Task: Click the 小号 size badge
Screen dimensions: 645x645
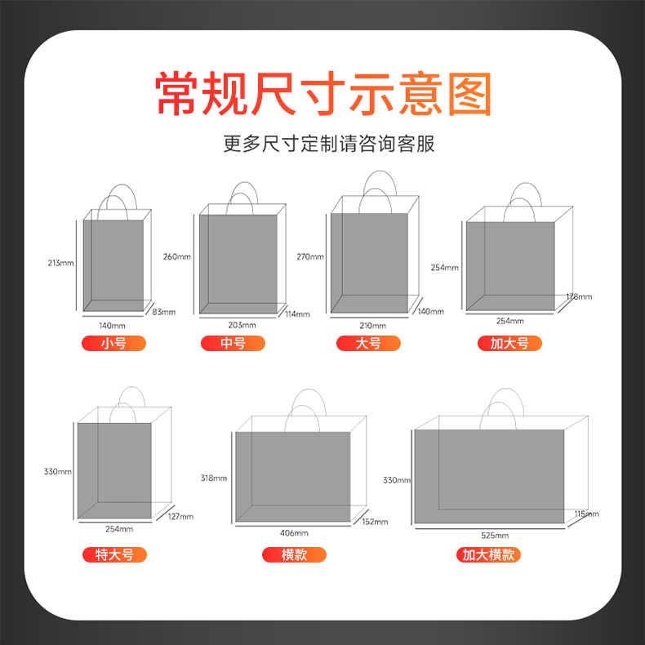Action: click(114, 343)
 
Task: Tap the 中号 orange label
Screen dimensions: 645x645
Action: click(233, 343)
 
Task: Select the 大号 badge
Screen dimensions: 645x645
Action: click(368, 343)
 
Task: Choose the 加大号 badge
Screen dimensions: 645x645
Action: click(509, 343)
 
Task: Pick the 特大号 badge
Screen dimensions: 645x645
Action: click(115, 554)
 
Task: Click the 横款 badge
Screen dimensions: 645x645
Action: click(294, 554)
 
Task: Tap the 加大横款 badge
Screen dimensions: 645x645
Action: click(489, 554)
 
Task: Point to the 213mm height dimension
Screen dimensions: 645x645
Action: click(61, 263)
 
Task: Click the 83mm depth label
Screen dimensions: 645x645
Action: click(164, 312)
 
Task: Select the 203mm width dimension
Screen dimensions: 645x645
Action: click(242, 325)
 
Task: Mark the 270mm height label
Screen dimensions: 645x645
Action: click(310, 256)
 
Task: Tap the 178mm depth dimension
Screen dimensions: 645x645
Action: click(579, 296)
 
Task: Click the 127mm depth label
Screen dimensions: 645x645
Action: click(180, 516)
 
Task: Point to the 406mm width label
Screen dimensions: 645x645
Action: click(294, 533)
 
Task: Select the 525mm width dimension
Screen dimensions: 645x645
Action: click(495, 535)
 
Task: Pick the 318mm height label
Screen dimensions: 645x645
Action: click(214, 478)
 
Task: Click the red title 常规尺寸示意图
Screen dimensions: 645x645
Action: click(323, 93)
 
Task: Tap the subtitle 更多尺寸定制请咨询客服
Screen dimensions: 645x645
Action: click(329, 144)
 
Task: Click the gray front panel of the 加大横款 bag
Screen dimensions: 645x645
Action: click(489, 476)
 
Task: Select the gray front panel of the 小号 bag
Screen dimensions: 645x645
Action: click(113, 265)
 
